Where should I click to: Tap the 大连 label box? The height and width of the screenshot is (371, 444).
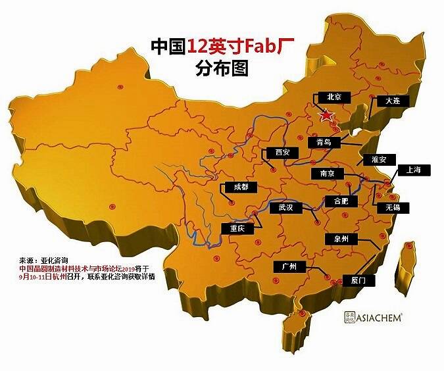[393, 101]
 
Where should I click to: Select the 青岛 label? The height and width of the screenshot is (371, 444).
[324, 141]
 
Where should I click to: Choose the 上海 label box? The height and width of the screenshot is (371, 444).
[414, 170]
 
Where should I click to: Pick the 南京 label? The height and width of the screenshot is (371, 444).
[327, 174]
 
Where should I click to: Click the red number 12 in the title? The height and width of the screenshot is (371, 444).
[198, 47]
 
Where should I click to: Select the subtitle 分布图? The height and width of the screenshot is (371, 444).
[222, 68]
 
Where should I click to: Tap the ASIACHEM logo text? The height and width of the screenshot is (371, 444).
[382, 316]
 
